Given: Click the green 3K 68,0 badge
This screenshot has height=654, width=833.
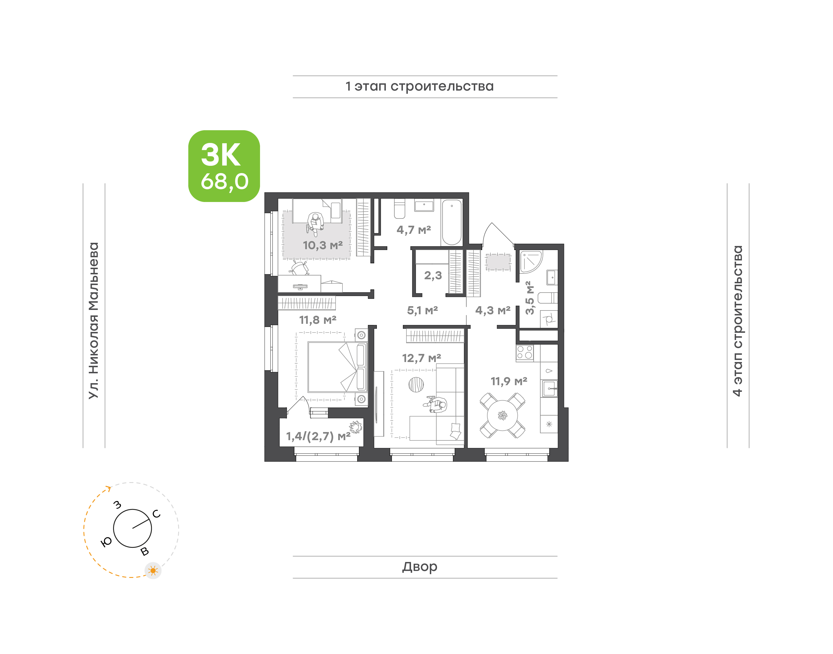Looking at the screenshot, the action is pos(224,166).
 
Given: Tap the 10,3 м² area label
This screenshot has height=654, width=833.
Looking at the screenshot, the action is pos(322,245).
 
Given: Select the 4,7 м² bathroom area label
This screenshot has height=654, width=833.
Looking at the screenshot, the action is pos(414,230).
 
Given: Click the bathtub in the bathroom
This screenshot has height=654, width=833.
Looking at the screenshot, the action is pos(451,222).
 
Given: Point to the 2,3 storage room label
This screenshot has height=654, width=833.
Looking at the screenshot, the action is pos(433,275).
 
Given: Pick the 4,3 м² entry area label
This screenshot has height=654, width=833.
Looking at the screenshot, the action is pos(493,310).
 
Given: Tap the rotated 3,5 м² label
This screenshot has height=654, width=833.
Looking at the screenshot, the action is pos(529,298).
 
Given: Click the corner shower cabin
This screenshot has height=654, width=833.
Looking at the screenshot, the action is pos(531,262).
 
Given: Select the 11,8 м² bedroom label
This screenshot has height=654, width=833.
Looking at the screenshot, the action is pos(318,320).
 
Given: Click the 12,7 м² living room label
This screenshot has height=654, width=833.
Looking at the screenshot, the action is pos(421,358).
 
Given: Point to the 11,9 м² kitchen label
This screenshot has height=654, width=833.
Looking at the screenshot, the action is pos(509,381).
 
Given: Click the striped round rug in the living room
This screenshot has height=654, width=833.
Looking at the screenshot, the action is pos(416,384).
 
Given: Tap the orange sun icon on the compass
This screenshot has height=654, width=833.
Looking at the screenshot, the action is pos(153,571).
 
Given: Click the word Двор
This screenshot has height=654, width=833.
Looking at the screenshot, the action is pos(420,567).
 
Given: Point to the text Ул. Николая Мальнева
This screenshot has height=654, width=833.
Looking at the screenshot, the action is pos(94,321).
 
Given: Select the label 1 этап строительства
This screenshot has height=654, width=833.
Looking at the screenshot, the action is pos(419,87).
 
